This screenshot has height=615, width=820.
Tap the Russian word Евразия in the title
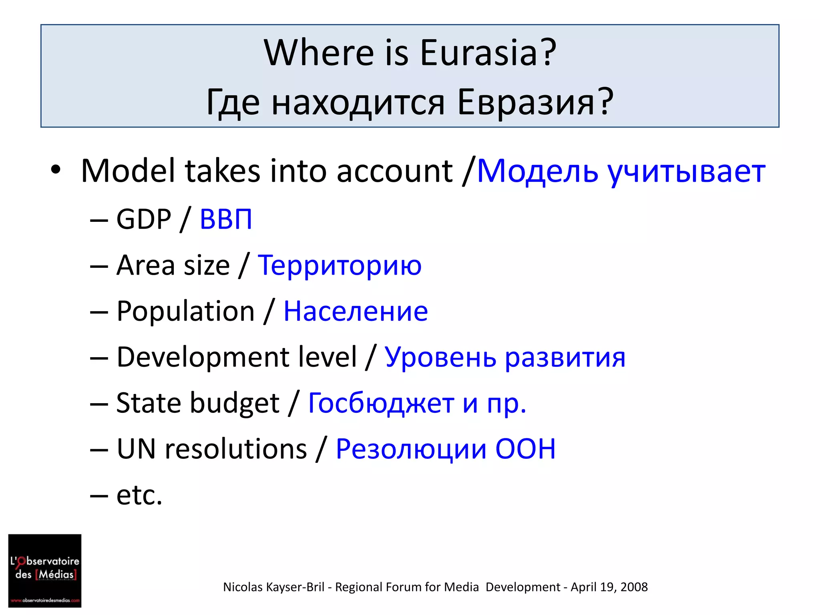536,102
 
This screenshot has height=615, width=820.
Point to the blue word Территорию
340,265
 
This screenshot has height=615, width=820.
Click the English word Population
185,311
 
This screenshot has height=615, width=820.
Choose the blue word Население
356,312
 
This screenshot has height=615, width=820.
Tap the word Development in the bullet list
236,357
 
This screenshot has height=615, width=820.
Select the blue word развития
565,358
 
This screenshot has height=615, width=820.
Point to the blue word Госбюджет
381,403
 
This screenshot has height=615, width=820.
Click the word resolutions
235,449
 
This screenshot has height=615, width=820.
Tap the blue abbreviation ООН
525,449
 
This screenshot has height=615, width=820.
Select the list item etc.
139,495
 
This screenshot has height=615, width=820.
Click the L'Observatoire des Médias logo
45,570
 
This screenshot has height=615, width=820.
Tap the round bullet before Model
56,170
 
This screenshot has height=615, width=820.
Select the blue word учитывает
686,171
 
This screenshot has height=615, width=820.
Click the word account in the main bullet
394,171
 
